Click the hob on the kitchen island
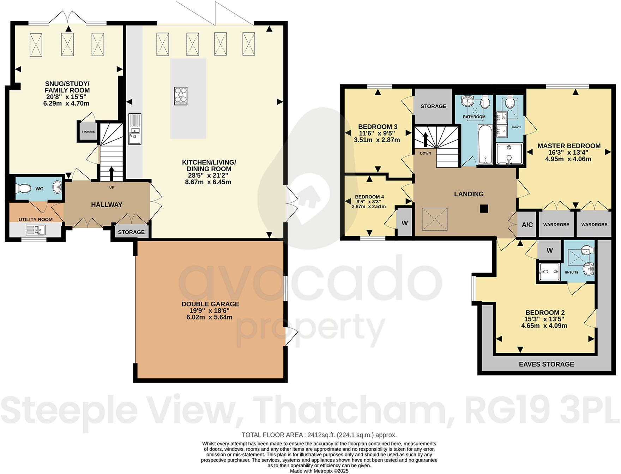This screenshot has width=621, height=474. pyautogui.click(x=181, y=96)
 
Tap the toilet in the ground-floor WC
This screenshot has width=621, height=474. pyautogui.click(x=24, y=188)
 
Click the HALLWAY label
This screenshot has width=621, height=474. pyautogui.click(x=107, y=205)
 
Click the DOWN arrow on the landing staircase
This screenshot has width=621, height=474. pyautogui.click(x=426, y=140)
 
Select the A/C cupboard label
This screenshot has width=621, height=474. pyautogui.click(x=527, y=225)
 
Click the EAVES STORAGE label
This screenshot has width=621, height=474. pyautogui.click(x=546, y=364)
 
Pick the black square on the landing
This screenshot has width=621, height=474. pyautogui.click(x=484, y=209)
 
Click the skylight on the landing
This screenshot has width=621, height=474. pyautogui.click(x=435, y=219)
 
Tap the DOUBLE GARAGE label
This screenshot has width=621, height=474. pyautogui.click(x=210, y=304)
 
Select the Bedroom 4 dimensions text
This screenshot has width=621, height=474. pyautogui.click(x=369, y=204)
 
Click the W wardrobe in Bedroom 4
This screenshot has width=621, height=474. pyautogui.click(x=405, y=223)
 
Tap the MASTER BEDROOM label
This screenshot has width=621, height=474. pyautogui.click(x=569, y=146)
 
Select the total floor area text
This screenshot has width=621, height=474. pyautogui.click(x=319, y=435)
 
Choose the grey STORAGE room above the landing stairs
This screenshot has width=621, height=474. pyautogui.click(x=433, y=106)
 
